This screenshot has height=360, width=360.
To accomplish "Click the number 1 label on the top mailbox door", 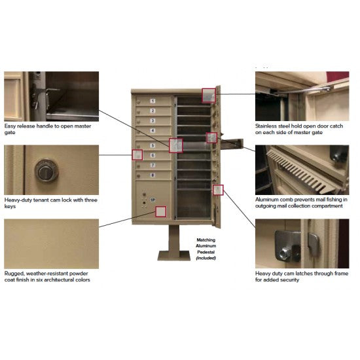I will click(x=153, y=101).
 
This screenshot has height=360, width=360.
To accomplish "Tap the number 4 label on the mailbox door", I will click(x=153, y=131).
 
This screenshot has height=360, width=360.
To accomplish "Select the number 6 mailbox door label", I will click(x=153, y=155).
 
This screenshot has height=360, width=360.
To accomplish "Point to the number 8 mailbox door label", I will click(x=153, y=175).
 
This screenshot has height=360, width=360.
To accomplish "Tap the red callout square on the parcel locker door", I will click(x=160, y=211).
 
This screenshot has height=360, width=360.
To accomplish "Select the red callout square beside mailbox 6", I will click(x=137, y=155).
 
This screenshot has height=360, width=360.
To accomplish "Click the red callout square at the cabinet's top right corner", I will click(x=208, y=96).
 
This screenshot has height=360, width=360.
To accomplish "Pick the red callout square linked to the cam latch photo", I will click(x=219, y=190).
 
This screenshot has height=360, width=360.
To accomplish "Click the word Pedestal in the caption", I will click(x=206, y=253).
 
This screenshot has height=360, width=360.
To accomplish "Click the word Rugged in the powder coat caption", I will click(x=14, y=273).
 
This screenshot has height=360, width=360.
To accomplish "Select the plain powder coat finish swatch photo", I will click(x=51, y=243).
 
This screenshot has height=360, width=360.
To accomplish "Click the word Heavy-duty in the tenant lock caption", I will click(x=20, y=199).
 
